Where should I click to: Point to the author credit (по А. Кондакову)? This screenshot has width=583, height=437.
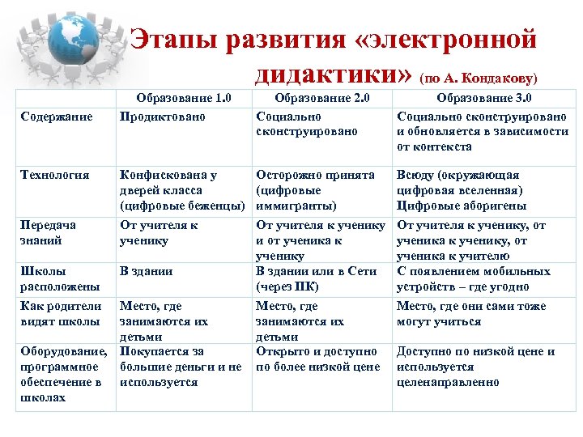click(x=478, y=78)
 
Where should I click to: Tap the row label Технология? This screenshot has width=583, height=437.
click(x=52, y=175)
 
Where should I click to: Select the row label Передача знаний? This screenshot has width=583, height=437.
click(x=49, y=233)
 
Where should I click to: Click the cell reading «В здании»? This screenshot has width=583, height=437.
click(x=146, y=271)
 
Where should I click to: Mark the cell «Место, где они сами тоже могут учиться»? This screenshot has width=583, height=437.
click(x=471, y=314)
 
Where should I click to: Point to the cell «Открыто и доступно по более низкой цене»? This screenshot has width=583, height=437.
click(x=317, y=359)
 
